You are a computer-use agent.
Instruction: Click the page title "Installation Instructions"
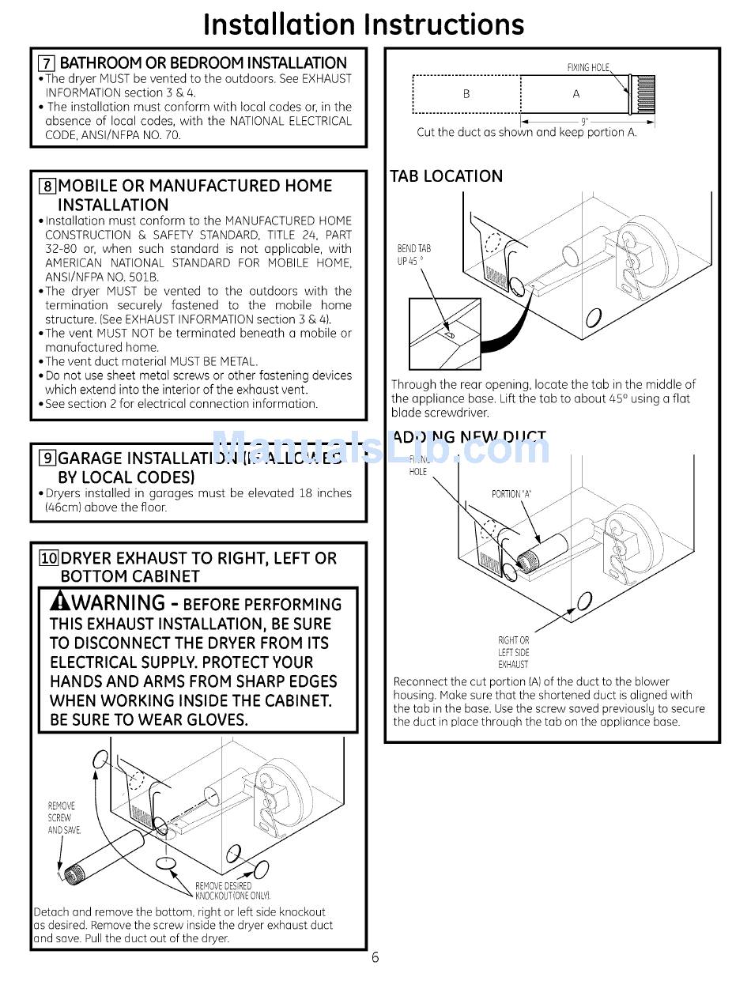[x=364, y=25]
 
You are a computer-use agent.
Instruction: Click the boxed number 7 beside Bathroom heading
[x=47, y=63]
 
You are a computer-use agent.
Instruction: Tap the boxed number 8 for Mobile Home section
[x=47, y=187]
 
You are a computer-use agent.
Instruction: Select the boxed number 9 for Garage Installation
[x=47, y=458]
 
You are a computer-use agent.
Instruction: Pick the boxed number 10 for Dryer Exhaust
[x=49, y=559]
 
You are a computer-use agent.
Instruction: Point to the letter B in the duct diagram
[x=466, y=94]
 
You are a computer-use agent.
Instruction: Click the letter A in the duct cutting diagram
[x=576, y=94]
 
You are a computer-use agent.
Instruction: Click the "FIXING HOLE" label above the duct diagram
[x=589, y=68]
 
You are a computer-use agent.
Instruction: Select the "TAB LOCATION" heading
[x=447, y=176]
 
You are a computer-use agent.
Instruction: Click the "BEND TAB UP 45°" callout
[x=414, y=255]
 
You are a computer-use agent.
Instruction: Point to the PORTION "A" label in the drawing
[x=511, y=494]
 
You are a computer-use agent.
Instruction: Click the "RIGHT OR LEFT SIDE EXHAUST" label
[x=514, y=652]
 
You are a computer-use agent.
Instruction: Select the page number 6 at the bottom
[x=375, y=958]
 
